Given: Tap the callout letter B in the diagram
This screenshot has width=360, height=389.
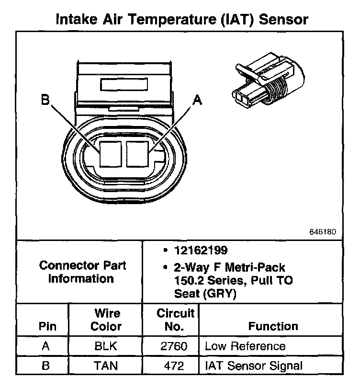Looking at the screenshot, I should (x=45, y=100).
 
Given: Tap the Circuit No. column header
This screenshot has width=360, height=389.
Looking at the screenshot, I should (x=176, y=320).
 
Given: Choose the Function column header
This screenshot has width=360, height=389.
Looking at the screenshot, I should (x=273, y=326).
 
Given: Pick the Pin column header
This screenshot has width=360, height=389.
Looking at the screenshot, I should (x=47, y=326).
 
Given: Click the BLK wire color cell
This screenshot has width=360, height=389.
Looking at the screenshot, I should (x=106, y=346).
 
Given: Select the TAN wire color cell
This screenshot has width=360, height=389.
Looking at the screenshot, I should (x=106, y=366).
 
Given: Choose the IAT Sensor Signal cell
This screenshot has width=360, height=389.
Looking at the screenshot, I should (x=254, y=366).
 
